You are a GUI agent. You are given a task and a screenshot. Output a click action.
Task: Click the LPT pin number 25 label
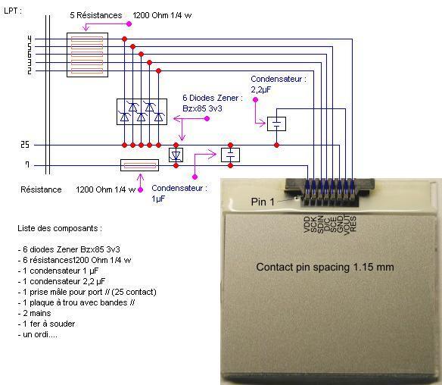click(x=25, y=145)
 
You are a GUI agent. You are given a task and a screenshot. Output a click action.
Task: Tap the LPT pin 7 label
click(x=27, y=164)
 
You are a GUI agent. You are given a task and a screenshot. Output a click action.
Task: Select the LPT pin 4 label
click(x=30, y=39)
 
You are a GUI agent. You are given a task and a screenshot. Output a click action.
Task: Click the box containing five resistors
click(x=87, y=55)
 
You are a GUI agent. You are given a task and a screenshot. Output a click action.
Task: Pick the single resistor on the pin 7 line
click(x=139, y=165)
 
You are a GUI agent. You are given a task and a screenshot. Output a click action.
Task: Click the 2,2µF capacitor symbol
click(x=276, y=124)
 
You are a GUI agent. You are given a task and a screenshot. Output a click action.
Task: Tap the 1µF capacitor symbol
click(x=230, y=155)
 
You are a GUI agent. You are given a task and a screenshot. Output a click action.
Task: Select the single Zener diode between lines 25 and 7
click(x=176, y=155)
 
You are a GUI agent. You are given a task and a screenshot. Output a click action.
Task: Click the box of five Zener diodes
click(x=142, y=111)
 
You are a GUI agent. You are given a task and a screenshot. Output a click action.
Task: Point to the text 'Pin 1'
click(x=263, y=202)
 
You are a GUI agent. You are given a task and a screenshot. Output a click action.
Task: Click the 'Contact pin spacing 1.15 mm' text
click(x=325, y=267)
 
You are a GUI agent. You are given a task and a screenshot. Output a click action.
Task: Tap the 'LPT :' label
click(x=13, y=11)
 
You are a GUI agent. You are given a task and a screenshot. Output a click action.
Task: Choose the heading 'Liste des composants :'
click(x=60, y=228)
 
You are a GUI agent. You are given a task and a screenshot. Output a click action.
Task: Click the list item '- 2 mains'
click(x=34, y=313)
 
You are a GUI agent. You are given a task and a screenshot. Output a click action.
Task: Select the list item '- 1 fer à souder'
click(x=46, y=324)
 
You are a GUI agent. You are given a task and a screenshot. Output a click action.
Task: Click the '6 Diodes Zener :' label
click(x=213, y=98)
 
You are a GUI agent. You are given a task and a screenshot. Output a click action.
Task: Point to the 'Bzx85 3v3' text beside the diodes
click(x=202, y=108)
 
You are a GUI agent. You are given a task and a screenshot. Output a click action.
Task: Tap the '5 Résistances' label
click(x=96, y=15)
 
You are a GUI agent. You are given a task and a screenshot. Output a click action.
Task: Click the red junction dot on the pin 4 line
click(x=124, y=39)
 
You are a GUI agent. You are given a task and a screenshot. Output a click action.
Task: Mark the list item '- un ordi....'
click(x=37, y=334)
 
